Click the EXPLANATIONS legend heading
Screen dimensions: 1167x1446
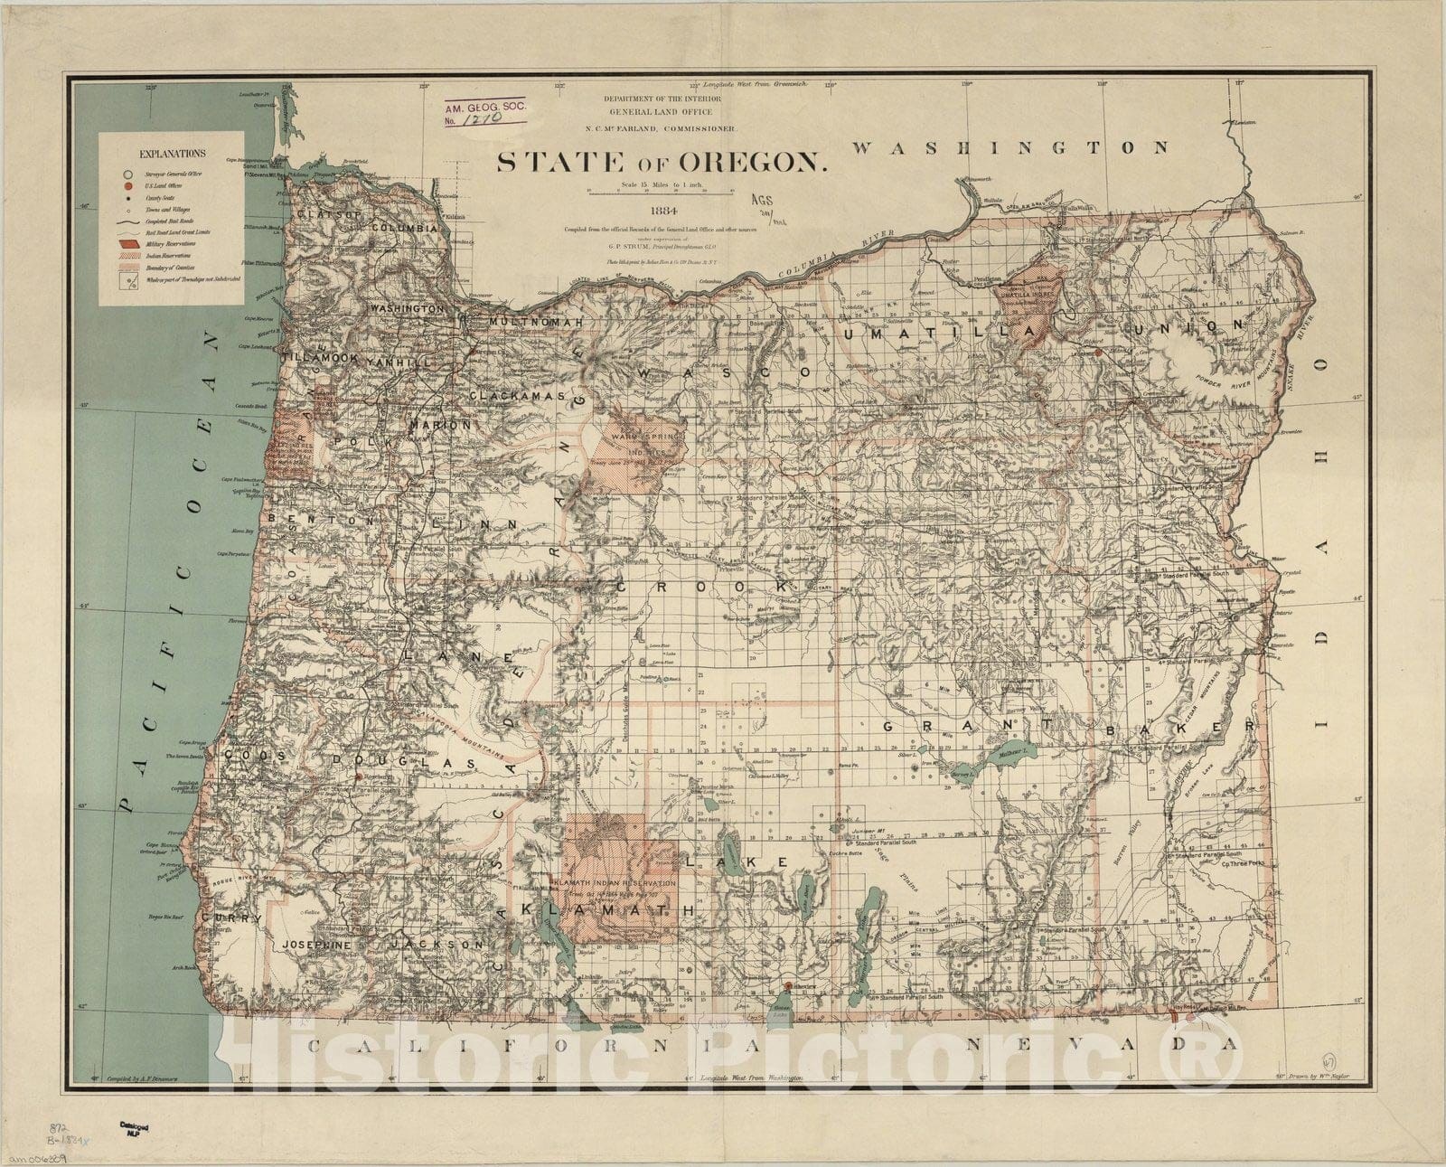[172, 154]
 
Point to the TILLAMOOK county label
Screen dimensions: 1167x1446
[322, 359]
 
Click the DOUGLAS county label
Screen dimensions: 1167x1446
[403, 764]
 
